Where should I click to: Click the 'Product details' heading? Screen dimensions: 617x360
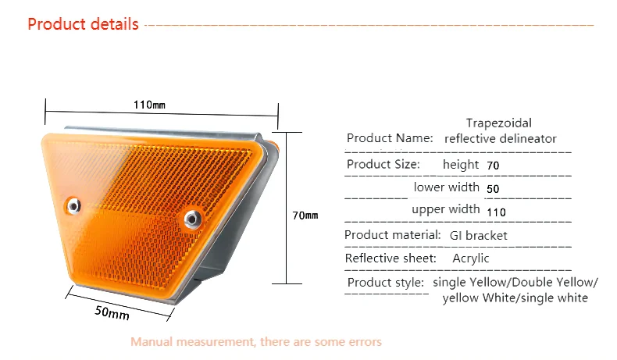(x=83, y=24)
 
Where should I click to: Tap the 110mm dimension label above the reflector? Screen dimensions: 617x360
(x=149, y=105)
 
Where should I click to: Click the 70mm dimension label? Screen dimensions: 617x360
(x=305, y=216)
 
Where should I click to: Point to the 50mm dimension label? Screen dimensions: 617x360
(x=112, y=313)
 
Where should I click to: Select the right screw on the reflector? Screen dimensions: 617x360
(x=192, y=219)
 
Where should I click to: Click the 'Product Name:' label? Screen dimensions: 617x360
(x=390, y=138)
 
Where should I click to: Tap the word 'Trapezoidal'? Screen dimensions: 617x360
(x=499, y=123)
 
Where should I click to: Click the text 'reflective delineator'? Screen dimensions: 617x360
(x=500, y=138)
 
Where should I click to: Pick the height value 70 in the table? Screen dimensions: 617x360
(x=493, y=166)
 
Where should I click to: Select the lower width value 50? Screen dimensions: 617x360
(x=493, y=189)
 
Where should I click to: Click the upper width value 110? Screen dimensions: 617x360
(x=496, y=212)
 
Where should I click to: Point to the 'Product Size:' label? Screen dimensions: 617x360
(x=383, y=164)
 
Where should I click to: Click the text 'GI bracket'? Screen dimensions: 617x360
(x=479, y=235)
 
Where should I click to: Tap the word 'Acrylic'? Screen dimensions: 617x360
(x=471, y=258)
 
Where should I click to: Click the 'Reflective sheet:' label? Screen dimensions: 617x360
(x=391, y=258)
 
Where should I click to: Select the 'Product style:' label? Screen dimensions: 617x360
(x=386, y=283)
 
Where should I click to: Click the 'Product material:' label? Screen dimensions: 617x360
(x=393, y=235)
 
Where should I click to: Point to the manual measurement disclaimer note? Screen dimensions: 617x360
(x=256, y=341)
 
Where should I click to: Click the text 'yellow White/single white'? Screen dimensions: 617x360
(x=515, y=298)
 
